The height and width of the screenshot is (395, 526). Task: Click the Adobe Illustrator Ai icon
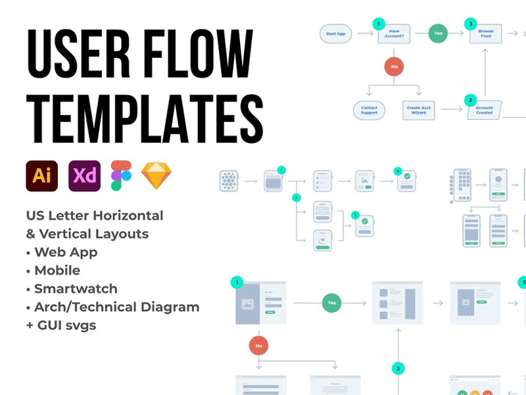coord(42,176)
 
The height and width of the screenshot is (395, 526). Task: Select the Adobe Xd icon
coord(84,176)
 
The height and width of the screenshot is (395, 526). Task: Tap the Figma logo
coord(121,176)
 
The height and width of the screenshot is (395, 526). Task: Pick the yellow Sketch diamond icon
coord(156,176)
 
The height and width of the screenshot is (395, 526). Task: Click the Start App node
coord(336,34)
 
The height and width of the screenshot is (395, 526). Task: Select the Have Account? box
coord(394,34)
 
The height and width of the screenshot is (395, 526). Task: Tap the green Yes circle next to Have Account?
coord(439,34)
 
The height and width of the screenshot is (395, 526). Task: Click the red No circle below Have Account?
coord(394,66)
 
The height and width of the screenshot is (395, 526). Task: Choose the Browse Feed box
coord(485,34)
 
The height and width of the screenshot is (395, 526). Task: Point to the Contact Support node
coord(370,110)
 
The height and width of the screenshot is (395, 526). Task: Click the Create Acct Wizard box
coord(419,110)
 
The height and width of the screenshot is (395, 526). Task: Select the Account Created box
coord(484,110)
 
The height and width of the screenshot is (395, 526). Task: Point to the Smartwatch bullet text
coord(76,288)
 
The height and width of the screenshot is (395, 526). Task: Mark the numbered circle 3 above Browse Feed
coord(469,24)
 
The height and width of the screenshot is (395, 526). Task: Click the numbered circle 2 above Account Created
coord(469,100)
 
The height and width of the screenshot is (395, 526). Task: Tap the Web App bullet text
coord(66,251)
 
